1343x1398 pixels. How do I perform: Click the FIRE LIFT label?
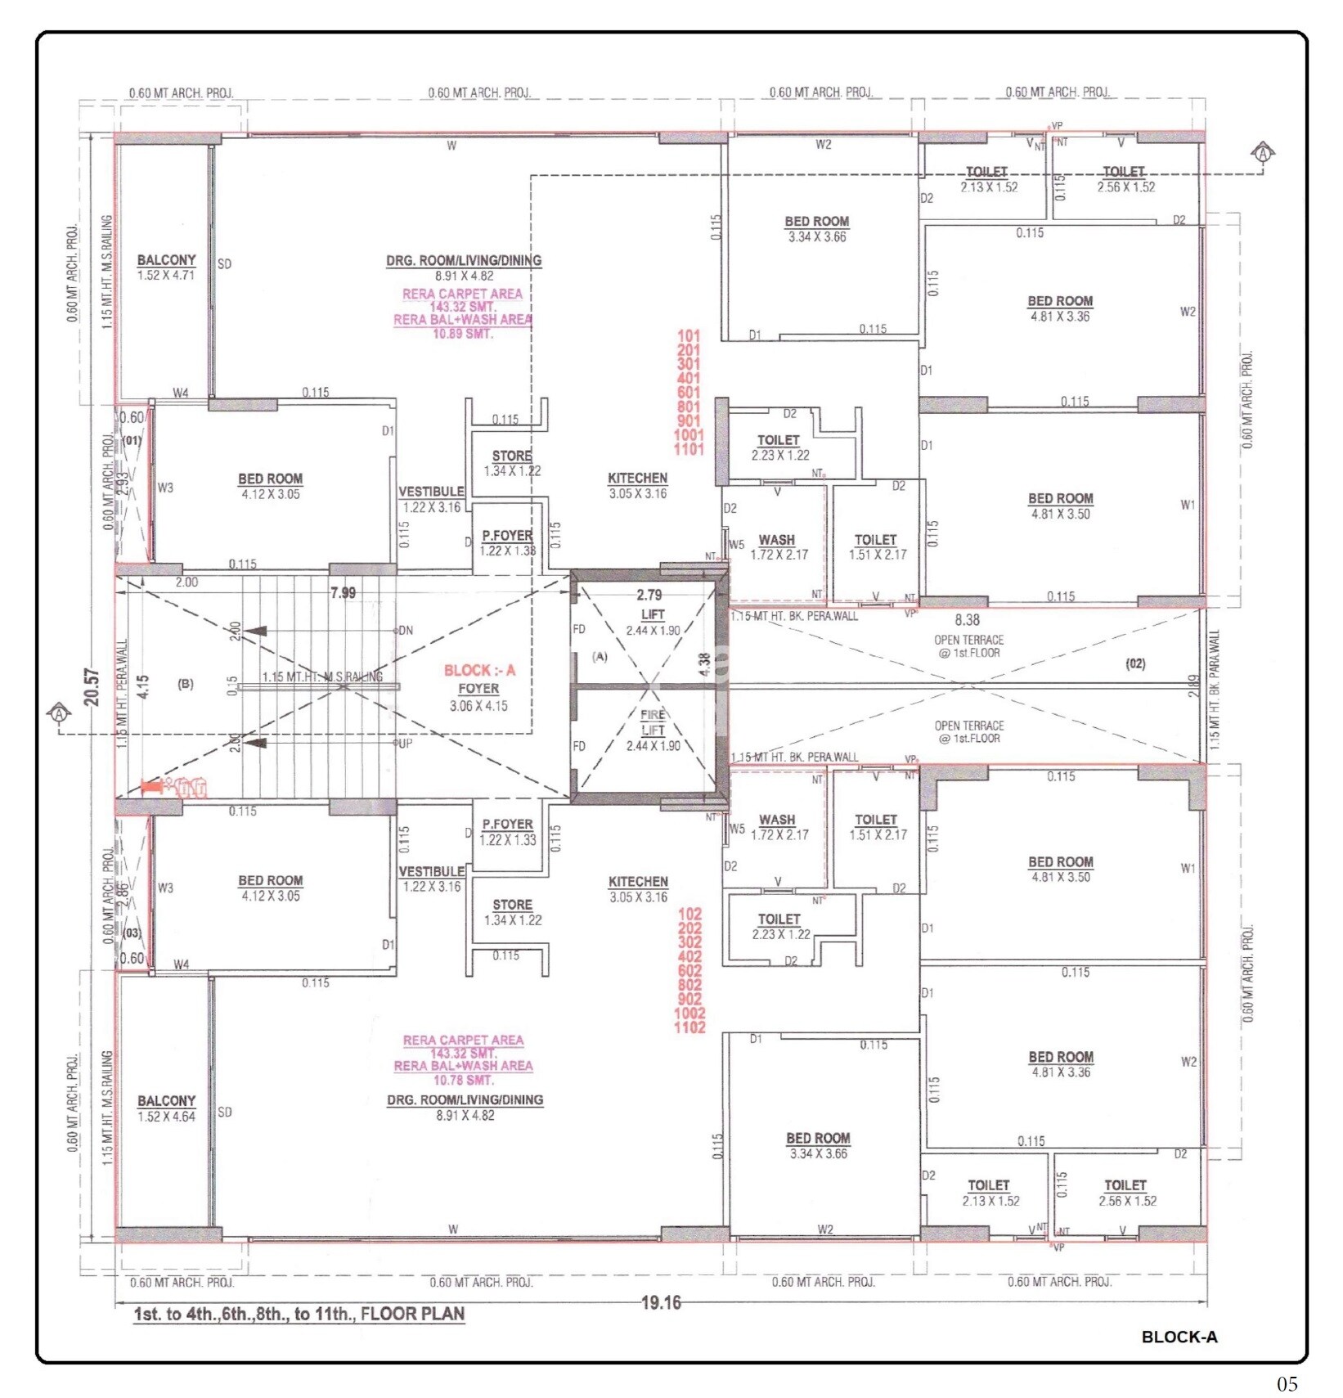(x=652, y=721)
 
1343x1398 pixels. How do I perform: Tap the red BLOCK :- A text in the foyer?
(x=479, y=670)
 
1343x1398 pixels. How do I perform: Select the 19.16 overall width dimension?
(x=660, y=1302)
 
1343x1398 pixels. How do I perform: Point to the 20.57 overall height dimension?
(x=92, y=687)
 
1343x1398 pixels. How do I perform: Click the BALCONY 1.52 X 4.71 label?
(x=166, y=267)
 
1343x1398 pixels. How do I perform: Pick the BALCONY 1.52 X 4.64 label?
(x=166, y=1108)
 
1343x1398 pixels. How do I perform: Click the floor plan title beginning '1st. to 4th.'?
(x=299, y=1314)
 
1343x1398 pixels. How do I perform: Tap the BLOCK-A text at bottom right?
(x=1179, y=1337)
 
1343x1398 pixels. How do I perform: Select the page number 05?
(x=1287, y=1383)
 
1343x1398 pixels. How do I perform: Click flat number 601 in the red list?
(x=689, y=392)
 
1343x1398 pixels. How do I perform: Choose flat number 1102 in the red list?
(x=689, y=1027)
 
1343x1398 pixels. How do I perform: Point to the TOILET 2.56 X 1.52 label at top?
(x=1125, y=178)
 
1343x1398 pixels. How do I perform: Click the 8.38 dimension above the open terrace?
(x=967, y=620)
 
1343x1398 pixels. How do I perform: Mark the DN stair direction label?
(x=405, y=631)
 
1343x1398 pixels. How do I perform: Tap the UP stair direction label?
(x=405, y=744)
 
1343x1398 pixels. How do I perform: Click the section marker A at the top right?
(x=1263, y=153)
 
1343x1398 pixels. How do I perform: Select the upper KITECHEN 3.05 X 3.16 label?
(x=637, y=485)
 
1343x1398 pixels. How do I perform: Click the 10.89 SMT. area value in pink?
(x=463, y=334)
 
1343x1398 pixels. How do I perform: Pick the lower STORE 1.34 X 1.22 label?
(x=512, y=912)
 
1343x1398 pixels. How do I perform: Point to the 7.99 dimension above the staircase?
(x=343, y=592)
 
